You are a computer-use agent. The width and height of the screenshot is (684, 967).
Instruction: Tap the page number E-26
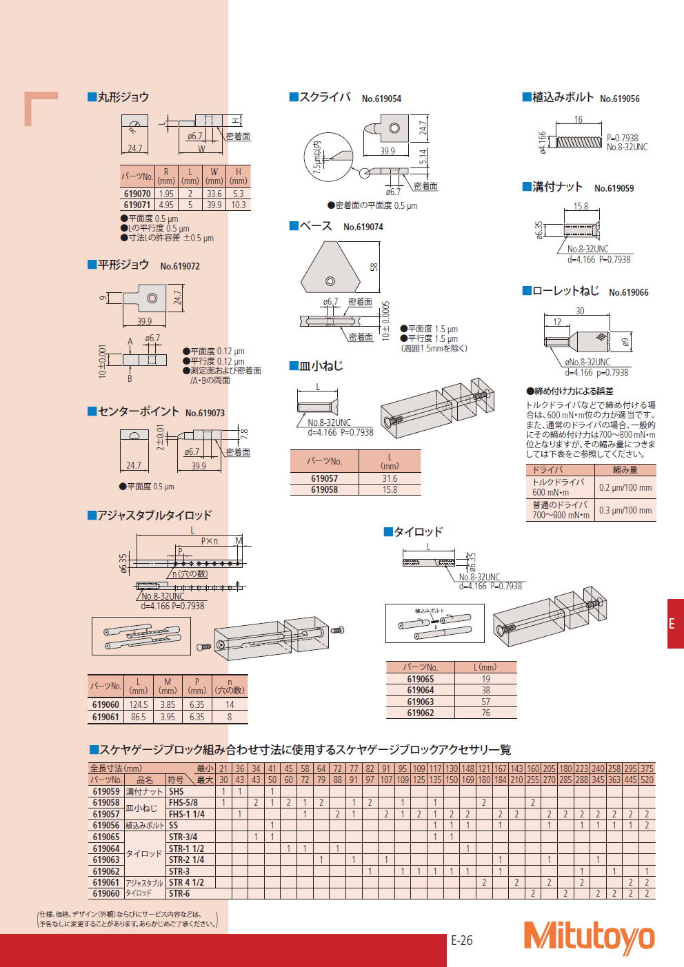461,940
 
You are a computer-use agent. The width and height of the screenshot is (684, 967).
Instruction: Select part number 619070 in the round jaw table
137,194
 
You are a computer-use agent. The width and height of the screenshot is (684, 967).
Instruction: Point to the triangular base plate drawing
330,267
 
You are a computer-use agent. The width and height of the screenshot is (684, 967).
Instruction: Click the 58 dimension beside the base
374,267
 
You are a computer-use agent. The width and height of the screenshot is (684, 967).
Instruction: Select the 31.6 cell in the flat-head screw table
390,478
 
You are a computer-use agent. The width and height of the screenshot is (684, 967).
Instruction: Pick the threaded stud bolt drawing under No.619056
579,142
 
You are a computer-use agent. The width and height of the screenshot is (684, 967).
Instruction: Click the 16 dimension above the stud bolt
579,119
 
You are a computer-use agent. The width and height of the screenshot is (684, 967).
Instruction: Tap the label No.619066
629,292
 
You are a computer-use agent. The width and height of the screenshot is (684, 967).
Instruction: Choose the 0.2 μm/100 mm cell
625,487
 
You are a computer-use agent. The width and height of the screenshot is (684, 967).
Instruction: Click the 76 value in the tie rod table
486,713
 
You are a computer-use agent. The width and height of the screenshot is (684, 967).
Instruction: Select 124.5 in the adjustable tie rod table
139,704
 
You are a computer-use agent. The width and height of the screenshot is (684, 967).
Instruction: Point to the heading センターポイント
138,411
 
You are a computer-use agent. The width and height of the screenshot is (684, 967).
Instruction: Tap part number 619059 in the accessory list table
106,791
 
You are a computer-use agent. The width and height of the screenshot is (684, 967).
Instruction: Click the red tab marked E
675,623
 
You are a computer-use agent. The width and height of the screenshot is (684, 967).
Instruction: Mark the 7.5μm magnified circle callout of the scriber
329,156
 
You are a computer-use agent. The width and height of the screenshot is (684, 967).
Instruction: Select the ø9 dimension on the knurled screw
625,342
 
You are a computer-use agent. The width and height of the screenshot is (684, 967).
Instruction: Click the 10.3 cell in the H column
239,205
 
